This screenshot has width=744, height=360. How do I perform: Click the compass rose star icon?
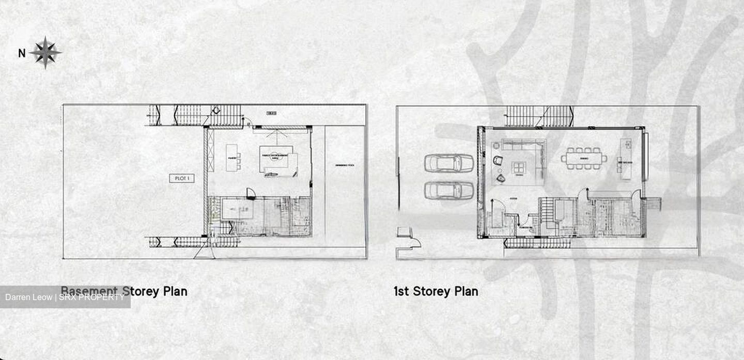pyautogui.click(x=45, y=52)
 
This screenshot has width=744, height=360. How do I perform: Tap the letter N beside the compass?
pyautogui.click(x=22, y=53)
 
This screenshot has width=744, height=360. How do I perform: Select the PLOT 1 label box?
pyautogui.click(x=181, y=178)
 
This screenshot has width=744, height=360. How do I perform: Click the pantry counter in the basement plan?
pyautogui.click(x=232, y=158)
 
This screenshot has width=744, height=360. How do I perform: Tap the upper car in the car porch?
pyautogui.click(x=448, y=163)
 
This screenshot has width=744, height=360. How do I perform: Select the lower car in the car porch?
pyautogui.click(x=448, y=190)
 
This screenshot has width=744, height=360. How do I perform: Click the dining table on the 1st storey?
pyautogui.click(x=584, y=158)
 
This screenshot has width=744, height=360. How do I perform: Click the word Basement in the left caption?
pyautogui.click(x=90, y=291)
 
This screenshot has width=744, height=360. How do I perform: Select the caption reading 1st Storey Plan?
pyautogui.click(x=436, y=291)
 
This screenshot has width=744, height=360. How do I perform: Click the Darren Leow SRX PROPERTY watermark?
pyautogui.click(x=65, y=297)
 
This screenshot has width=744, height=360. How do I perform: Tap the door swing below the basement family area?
pyautogui.click(x=251, y=193)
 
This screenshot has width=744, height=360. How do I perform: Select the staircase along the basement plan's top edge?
pyautogui.click(x=196, y=115)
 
